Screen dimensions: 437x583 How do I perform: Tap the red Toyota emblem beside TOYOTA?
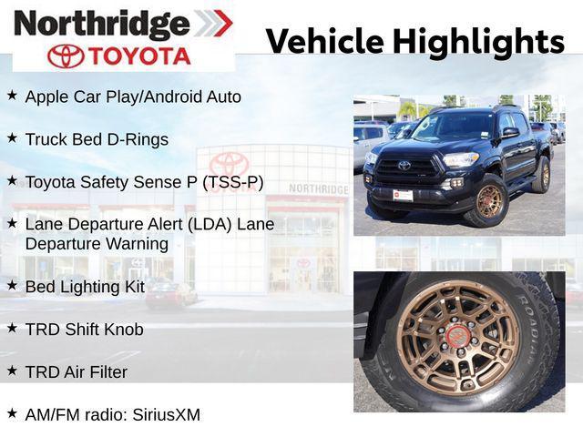click(65, 56)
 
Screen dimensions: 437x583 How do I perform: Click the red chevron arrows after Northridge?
click(212, 23)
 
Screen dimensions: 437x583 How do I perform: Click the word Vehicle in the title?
click(325, 41)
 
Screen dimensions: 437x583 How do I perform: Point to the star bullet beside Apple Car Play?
click(12, 95)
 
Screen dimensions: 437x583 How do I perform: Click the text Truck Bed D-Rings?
click(97, 139)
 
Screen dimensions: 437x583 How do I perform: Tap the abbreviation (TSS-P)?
click(232, 182)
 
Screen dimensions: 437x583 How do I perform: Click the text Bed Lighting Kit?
click(85, 287)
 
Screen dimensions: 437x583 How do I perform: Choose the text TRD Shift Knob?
click(84, 329)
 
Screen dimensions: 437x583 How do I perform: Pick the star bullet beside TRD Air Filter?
click(12, 371)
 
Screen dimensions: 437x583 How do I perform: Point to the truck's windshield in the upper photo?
click(453, 126)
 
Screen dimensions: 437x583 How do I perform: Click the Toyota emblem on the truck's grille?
click(404, 165)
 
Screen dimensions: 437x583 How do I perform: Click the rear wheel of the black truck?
click(544, 175)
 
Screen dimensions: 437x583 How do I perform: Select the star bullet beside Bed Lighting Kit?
click(12, 285)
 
